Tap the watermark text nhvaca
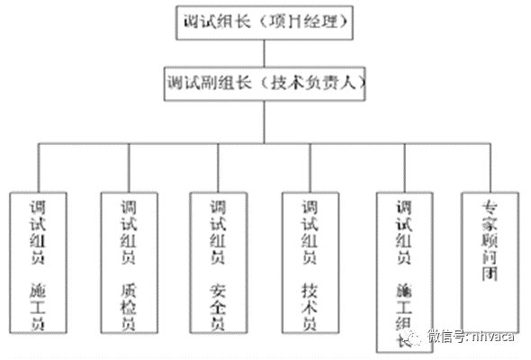coord(496,339)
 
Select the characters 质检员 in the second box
coord(128,306)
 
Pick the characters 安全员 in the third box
coord(218,306)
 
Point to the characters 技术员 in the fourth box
coord(309,306)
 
